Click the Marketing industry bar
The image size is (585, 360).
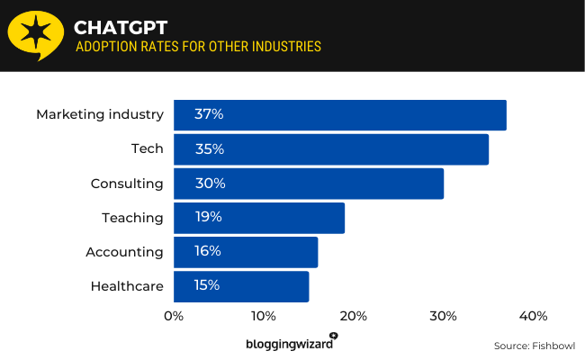point(340,115)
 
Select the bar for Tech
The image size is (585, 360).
point(331,149)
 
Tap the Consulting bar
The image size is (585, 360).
point(309,184)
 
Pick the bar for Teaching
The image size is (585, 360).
point(259,218)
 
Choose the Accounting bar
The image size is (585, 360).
point(246,252)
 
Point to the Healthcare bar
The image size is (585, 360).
point(241,286)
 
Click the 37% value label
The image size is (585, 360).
point(209,114)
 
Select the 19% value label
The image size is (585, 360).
point(208,217)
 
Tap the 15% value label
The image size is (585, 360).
point(207,285)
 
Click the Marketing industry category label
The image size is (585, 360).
point(100,114)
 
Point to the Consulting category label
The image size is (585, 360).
point(127,184)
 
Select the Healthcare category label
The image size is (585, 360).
point(127,286)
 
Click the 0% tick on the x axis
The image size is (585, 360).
point(174,316)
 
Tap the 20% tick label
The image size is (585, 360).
point(354,316)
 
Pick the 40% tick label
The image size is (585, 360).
point(533,316)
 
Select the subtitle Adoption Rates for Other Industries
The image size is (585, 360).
point(197,47)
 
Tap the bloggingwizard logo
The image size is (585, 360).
point(291,343)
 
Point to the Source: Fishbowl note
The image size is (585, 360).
point(534,346)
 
